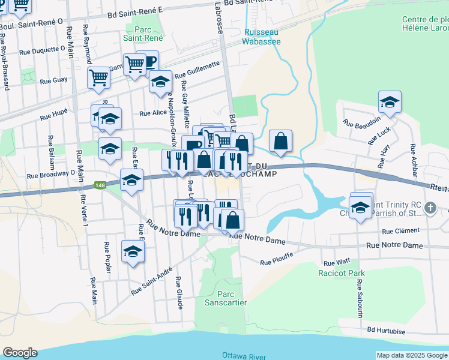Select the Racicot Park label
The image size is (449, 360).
pyautogui.click(x=342, y=273)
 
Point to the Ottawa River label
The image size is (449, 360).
pyautogui.click(x=244, y=356)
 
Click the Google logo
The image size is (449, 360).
pyautogui.click(x=20, y=353)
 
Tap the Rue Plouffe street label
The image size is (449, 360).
pyautogui.click(x=276, y=261)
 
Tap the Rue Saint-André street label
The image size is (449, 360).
pyautogui.click(x=148, y=282)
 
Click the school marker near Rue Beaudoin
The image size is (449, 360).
pyautogui.click(x=390, y=102)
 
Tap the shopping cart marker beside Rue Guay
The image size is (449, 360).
pyautogui.click(x=99, y=77)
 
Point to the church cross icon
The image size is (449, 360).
pyautogui.click(x=429, y=208)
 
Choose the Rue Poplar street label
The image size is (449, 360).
pyautogui.click(x=108, y=257)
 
